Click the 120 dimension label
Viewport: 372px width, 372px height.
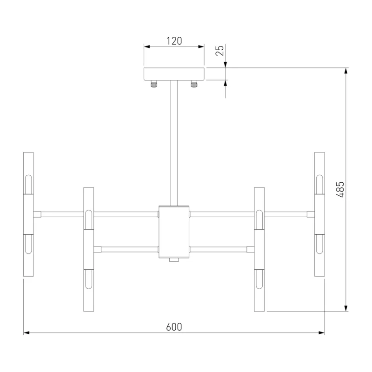click(x=174, y=41)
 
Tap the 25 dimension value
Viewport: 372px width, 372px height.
click(x=219, y=50)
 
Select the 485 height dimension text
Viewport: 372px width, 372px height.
click(x=340, y=189)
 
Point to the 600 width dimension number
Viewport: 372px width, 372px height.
click(x=174, y=327)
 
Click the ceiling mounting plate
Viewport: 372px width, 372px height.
click(x=174, y=74)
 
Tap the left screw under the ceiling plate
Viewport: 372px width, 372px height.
click(x=154, y=84)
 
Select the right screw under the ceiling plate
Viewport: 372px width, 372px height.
click(x=194, y=84)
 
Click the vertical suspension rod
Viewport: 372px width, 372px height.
click(x=174, y=143)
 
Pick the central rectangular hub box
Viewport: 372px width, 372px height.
click(x=174, y=232)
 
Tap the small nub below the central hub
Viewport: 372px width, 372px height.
click(x=174, y=260)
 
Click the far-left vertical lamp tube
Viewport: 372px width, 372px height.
click(x=28, y=214)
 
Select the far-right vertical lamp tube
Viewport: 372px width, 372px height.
click(x=319, y=214)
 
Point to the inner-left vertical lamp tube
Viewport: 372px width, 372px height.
click(x=88, y=249)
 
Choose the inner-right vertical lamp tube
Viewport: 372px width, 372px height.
click(x=259, y=249)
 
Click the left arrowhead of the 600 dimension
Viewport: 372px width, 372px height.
click(x=27, y=332)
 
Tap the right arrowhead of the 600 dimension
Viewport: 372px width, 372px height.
click(x=321, y=332)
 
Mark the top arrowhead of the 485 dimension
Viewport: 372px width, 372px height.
click(x=346, y=71)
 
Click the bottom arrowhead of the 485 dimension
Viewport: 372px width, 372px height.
click(x=346, y=308)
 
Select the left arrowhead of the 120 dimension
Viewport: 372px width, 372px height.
click(x=147, y=46)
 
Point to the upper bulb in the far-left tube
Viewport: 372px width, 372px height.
click(x=28, y=185)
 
